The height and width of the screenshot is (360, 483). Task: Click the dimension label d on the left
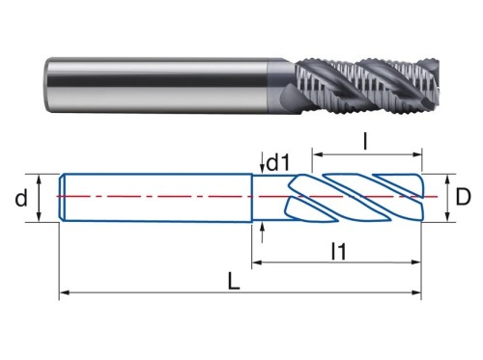(21, 198)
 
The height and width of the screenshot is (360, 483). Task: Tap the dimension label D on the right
(463, 197)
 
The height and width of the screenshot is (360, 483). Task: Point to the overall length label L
(234, 281)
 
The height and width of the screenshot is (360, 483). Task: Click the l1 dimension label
(339, 251)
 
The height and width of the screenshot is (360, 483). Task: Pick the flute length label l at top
(365, 142)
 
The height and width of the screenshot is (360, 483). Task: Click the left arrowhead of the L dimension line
(65, 292)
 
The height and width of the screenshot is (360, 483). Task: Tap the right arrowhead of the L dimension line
(416, 292)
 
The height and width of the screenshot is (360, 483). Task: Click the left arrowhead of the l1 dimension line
(256, 263)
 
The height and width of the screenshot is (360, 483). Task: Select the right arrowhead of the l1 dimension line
(416, 263)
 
